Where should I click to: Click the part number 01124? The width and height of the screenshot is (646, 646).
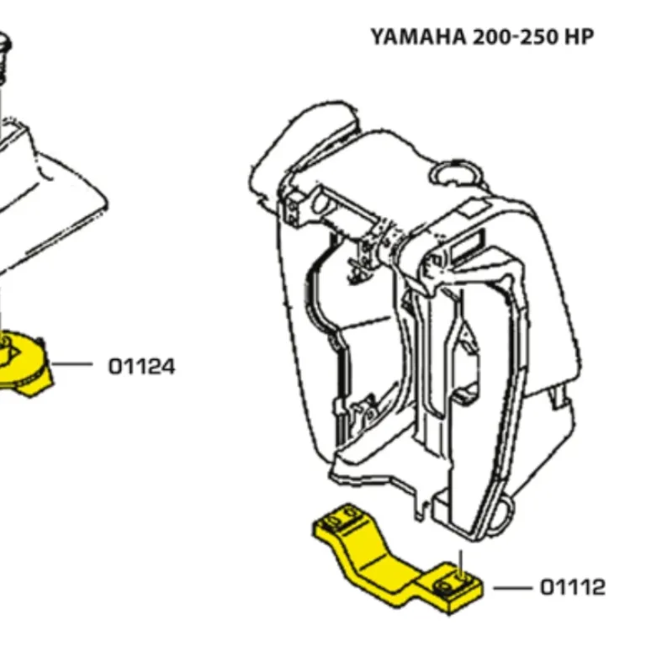point(141,366)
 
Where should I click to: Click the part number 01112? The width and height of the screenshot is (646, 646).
point(572,587)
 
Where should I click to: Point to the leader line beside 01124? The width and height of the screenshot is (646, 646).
point(75,365)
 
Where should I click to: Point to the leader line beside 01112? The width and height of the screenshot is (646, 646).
point(511,587)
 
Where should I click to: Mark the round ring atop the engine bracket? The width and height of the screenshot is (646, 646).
point(454,172)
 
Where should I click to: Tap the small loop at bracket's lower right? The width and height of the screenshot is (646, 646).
point(506,507)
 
